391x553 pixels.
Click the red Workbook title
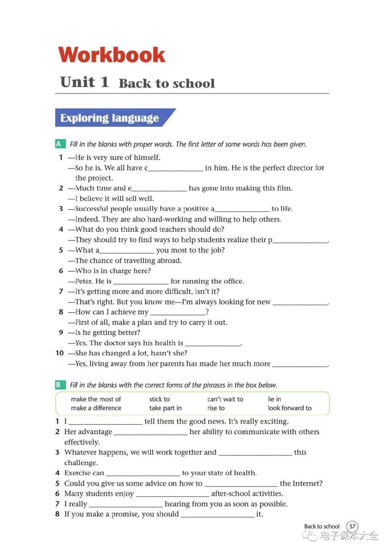coord(112,55)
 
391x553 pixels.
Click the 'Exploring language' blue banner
coord(110,118)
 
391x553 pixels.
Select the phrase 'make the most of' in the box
coord(96,399)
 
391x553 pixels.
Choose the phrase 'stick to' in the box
coord(159,399)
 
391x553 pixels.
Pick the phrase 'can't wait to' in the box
coord(225,399)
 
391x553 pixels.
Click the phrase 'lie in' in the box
coord(274,399)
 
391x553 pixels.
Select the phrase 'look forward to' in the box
coord(290,408)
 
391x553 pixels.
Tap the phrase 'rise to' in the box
coord(216,408)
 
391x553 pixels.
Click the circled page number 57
coord(352,526)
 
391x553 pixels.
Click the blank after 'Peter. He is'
coord(141,282)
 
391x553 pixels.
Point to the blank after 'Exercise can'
coord(143,474)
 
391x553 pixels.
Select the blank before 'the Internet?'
coord(241,484)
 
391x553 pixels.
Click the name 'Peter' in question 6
coord(84,281)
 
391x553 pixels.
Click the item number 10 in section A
coord(60,353)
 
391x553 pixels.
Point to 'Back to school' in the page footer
coord(321,527)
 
